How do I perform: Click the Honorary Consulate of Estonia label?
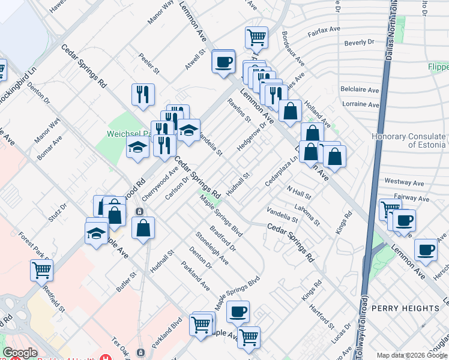(409, 140)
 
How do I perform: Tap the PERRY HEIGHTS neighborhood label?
(405, 308)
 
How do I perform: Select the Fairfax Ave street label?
(324, 31)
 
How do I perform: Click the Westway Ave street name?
(405, 182)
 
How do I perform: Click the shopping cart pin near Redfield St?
(42, 270)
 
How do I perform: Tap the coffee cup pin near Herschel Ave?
(426, 249)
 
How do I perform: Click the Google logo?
(20, 353)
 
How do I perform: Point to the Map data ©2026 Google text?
(412, 355)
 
